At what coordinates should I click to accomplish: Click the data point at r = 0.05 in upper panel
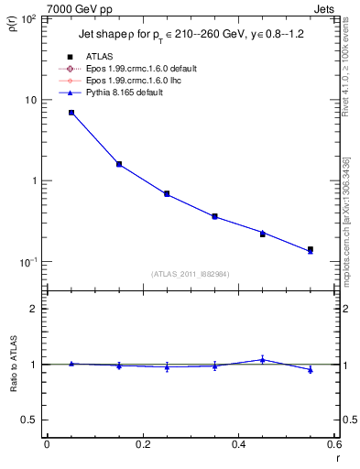pyautogui.click(x=71, y=113)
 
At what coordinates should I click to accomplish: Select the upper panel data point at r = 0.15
pyautogui.click(x=119, y=164)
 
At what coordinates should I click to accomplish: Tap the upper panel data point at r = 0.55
pyautogui.click(x=311, y=250)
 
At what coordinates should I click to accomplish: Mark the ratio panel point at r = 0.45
pyautogui.click(x=262, y=359)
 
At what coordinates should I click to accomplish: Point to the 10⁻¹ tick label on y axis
pyautogui.click(x=29, y=262)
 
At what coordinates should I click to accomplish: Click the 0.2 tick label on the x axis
pyautogui.click(x=142, y=444)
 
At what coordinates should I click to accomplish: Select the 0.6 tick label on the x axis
pyautogui.click(x=333, y=444)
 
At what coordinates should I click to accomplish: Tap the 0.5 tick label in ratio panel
pyautogui.click(x=32, y=420)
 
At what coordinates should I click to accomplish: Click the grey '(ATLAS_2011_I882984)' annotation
pyautogui.click(x=190, y=273)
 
